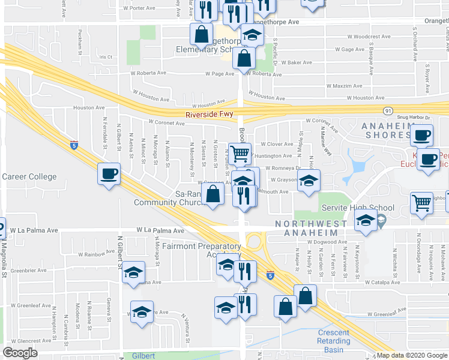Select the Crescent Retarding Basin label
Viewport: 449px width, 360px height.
[334, 341]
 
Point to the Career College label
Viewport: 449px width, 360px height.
[29, 176]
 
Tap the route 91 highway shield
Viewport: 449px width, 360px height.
[388, 111]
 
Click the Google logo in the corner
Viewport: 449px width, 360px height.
[20, 353]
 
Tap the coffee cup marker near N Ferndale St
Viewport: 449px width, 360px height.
[109, 174]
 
